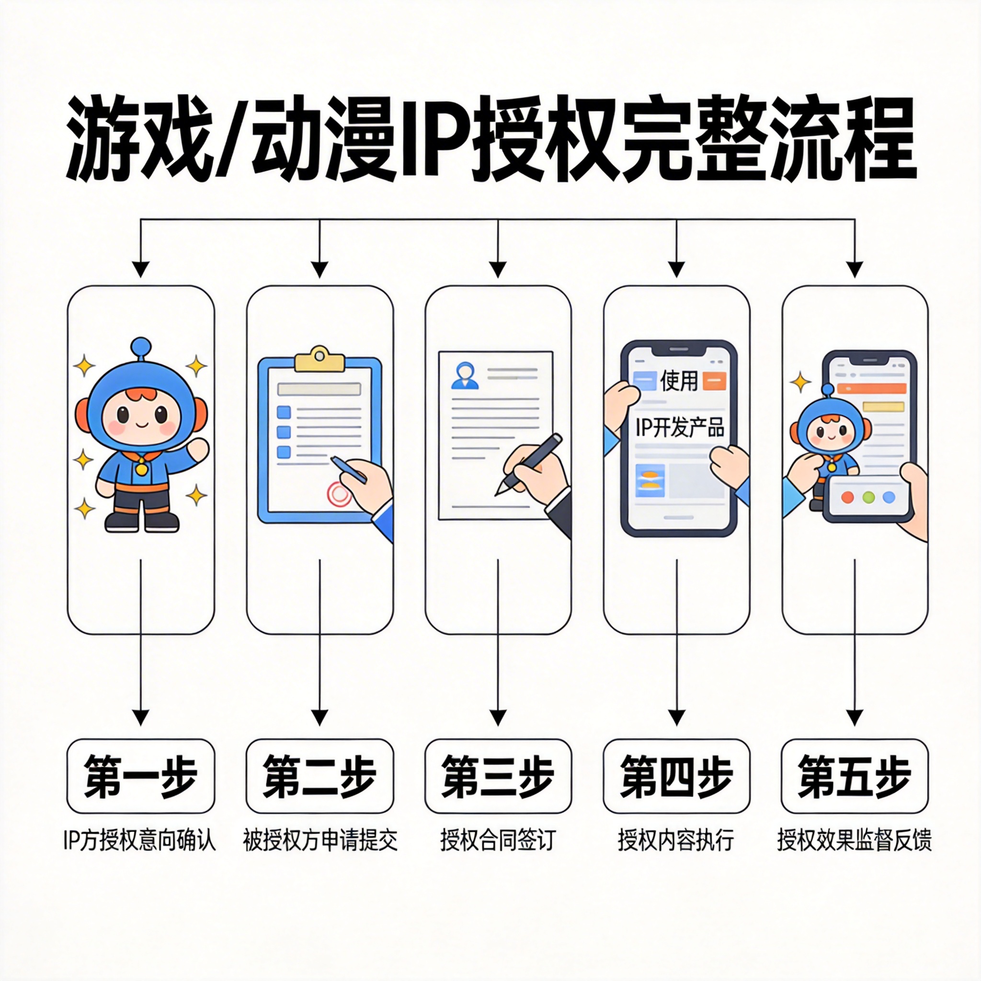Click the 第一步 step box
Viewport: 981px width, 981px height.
coord(141,776)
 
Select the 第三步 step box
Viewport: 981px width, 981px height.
coord(498,776)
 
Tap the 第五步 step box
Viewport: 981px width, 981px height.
coord(855,776)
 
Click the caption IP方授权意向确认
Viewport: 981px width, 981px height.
coord(140,840)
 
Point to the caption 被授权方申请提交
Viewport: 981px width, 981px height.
coord(320,840)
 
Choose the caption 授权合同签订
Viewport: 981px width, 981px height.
coord(498,840)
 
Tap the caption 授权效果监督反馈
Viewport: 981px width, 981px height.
coord(855,840)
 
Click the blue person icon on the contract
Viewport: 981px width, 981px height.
coord(465,375)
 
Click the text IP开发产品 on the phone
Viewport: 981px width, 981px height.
coord(680,428)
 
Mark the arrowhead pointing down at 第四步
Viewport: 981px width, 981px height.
coord(676,718)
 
